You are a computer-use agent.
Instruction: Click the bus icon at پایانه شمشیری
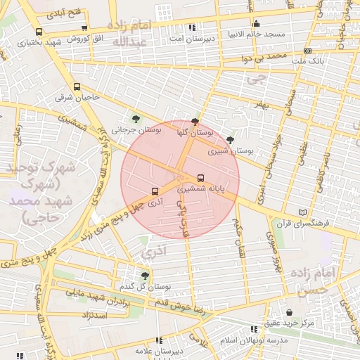tap(201, 178)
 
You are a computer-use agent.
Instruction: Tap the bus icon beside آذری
tap(155, 191)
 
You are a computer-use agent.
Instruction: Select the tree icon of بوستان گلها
tap(195, 122)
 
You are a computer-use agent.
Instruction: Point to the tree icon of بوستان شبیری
tap(230, 140)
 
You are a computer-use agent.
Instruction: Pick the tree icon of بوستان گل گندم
tap(145, 276)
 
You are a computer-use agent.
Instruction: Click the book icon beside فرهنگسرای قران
tap(303, 212)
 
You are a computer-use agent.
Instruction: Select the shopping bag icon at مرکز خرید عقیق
tap(289, 312)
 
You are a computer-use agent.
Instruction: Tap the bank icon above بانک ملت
tap(308, 51)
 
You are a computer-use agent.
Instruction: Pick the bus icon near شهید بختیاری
tap(38, 32)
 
